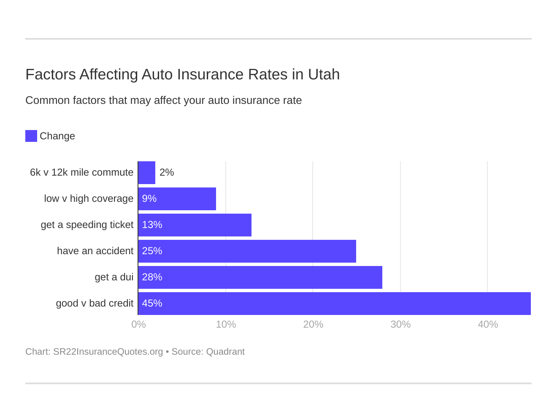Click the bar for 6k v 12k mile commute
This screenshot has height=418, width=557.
[x=147, y=173]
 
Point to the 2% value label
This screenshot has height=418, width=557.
[x=167, y=173]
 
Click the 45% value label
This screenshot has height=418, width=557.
[x=152, y=304]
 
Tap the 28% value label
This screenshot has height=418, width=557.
[x=152, y=277]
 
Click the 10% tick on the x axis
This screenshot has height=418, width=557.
[x=226, y=324]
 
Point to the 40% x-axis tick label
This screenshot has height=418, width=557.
[x=488, y=324]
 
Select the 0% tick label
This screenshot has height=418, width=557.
[x=138, y=324]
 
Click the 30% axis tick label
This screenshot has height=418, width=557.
[x=400, y=324]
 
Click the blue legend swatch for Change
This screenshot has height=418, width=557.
[x=31, y=136]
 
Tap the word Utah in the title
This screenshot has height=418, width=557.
[x=324, y=74]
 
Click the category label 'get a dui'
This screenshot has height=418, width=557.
[x=114, y=277]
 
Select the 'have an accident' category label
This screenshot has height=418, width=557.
[x=95, y=251]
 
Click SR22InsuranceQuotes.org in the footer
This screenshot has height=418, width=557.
[x=108, y=352]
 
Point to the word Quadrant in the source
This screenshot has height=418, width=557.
[x=225, y=352]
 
